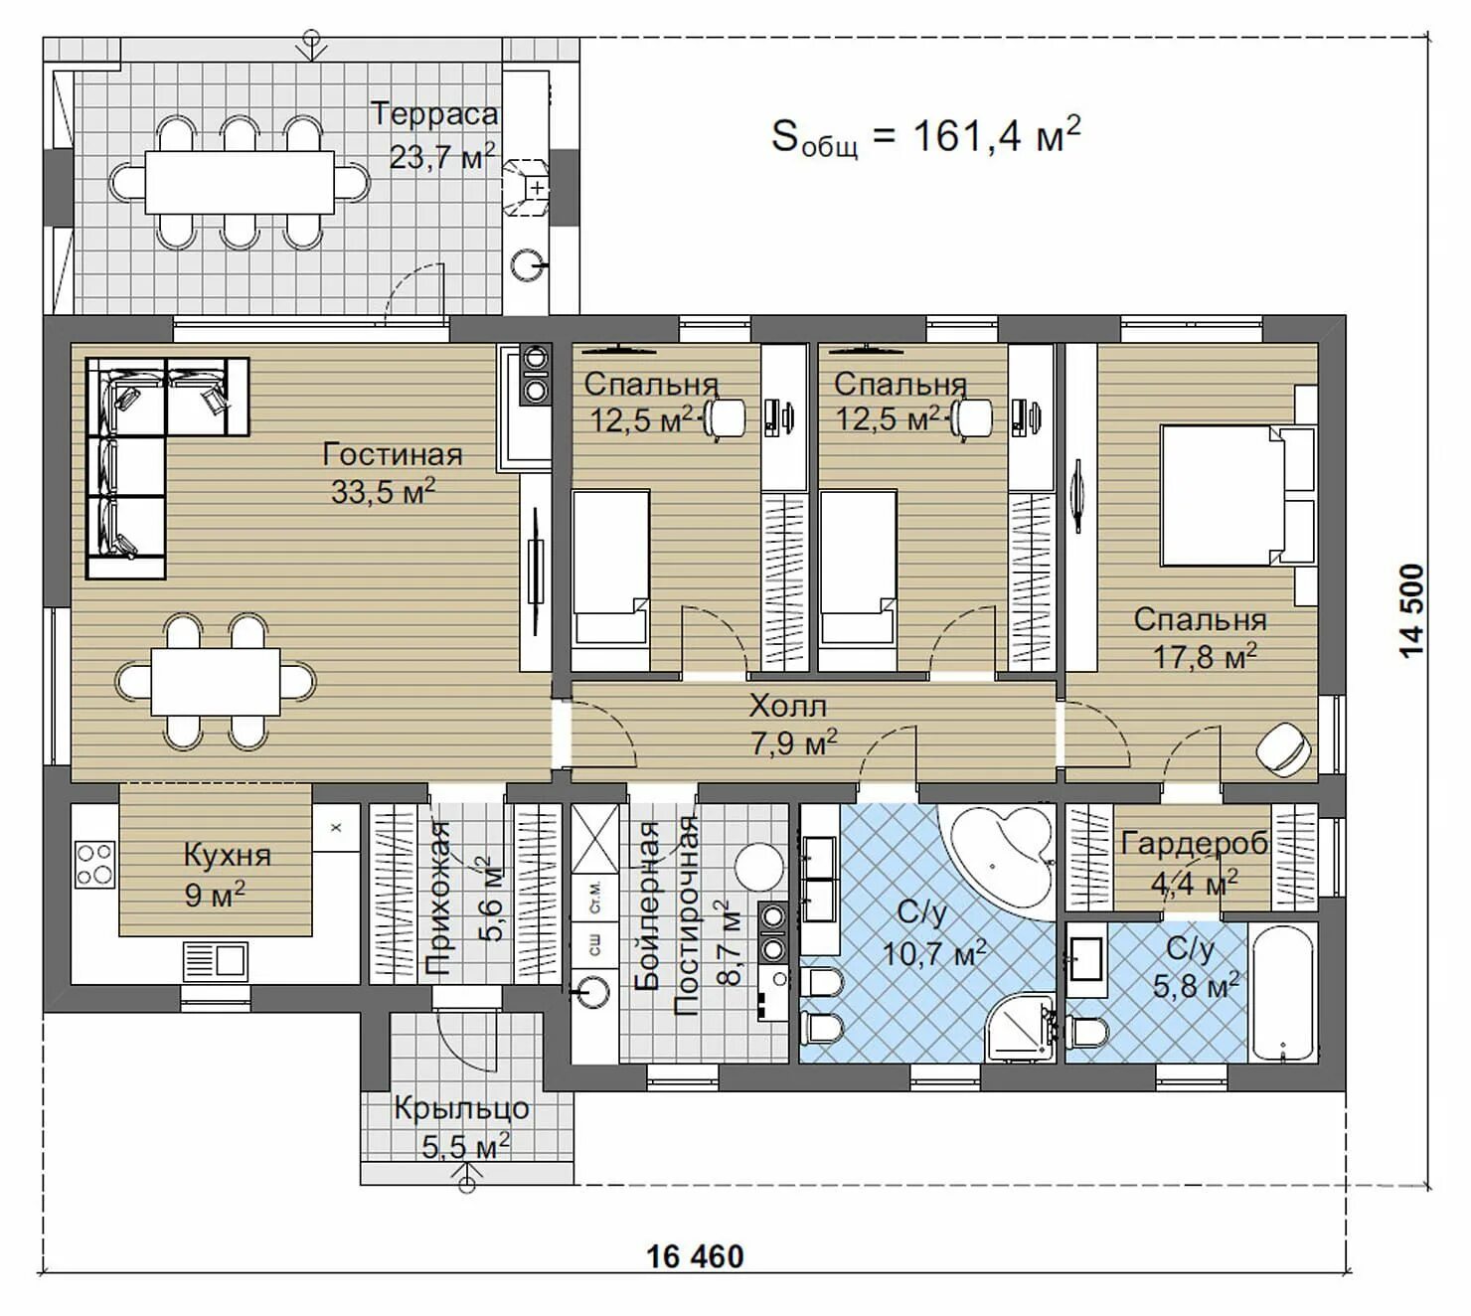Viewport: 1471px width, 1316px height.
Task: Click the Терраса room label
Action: [434, 114]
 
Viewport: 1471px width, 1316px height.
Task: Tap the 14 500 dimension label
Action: [1412, 611]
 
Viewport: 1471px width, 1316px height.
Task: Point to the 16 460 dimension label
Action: [695, 1255]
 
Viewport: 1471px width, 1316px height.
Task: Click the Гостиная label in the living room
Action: [392, 454]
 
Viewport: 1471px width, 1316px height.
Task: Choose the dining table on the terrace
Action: [240, 182]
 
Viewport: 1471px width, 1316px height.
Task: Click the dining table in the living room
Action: [216, 681]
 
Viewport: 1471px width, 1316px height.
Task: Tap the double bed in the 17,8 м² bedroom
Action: [1237, 495]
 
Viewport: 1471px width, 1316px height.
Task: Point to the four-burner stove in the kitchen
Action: [95, 865]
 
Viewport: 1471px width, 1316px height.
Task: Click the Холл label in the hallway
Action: [788, 706]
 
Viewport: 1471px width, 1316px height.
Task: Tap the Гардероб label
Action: [1195, 844]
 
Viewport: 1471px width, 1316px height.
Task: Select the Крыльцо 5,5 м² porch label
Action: [462, 1128]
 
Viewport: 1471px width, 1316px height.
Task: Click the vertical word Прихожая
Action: [437, 900]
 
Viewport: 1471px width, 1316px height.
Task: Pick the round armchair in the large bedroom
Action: [1284, 745]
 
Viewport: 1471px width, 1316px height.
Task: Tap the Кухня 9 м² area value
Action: [215, 894]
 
